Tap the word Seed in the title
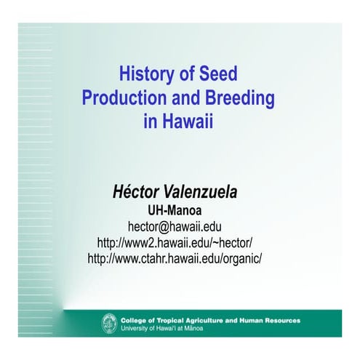[217, 73]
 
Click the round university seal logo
[109, 324]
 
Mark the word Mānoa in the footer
[199, 329]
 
